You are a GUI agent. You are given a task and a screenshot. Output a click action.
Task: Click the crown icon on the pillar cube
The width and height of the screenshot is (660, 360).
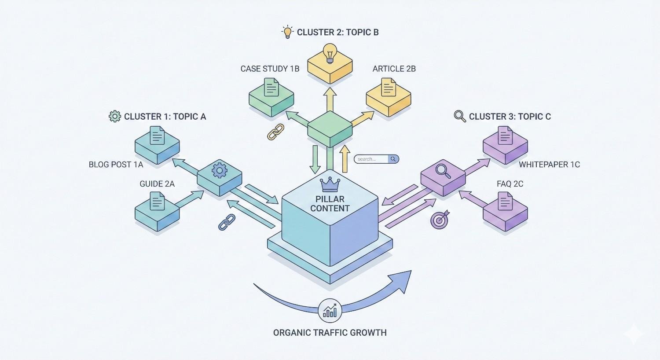[330, 184]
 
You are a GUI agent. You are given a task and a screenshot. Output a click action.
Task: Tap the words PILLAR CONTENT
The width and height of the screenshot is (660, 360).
[330, 204]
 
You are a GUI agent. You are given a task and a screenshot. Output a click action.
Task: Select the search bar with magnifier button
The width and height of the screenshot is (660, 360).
[376, 159]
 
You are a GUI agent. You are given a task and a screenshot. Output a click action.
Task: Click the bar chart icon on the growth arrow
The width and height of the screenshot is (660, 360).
[330, 311]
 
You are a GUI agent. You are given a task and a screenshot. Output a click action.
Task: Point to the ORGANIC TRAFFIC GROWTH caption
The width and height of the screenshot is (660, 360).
[330, 333]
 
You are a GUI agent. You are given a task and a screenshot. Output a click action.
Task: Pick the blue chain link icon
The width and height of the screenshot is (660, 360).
[227, 222]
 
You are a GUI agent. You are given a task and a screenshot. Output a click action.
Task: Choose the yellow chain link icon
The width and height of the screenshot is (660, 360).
[276, 132]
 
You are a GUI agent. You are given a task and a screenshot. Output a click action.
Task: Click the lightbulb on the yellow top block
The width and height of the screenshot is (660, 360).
[330, 54]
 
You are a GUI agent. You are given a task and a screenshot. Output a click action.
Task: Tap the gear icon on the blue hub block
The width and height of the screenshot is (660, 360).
[219, 170]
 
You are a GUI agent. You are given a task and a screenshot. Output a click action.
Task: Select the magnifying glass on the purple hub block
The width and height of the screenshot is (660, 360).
[443, 170]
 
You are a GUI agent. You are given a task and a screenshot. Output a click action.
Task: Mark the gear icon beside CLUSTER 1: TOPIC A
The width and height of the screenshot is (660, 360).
[114, 117]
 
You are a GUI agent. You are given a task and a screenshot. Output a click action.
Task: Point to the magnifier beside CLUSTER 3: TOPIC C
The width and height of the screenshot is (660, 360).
[460, 116]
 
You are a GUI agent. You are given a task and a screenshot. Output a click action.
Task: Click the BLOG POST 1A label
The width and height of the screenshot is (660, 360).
[116, 165]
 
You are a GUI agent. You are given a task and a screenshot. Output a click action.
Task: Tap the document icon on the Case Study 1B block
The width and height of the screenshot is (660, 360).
[271, 87]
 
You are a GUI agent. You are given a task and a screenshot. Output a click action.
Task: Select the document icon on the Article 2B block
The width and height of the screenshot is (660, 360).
[388, 87]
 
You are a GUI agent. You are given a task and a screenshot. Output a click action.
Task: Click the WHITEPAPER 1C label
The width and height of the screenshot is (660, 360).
[549, 165]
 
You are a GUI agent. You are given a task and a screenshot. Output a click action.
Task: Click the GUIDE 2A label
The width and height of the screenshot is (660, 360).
[157, 184]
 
